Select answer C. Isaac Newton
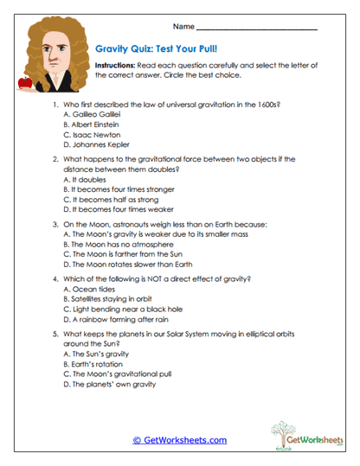(93, 135)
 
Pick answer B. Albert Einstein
(94, 124)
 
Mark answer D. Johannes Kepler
(100, 145)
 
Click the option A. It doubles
(85, 177)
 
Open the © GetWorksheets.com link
(180, 440)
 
